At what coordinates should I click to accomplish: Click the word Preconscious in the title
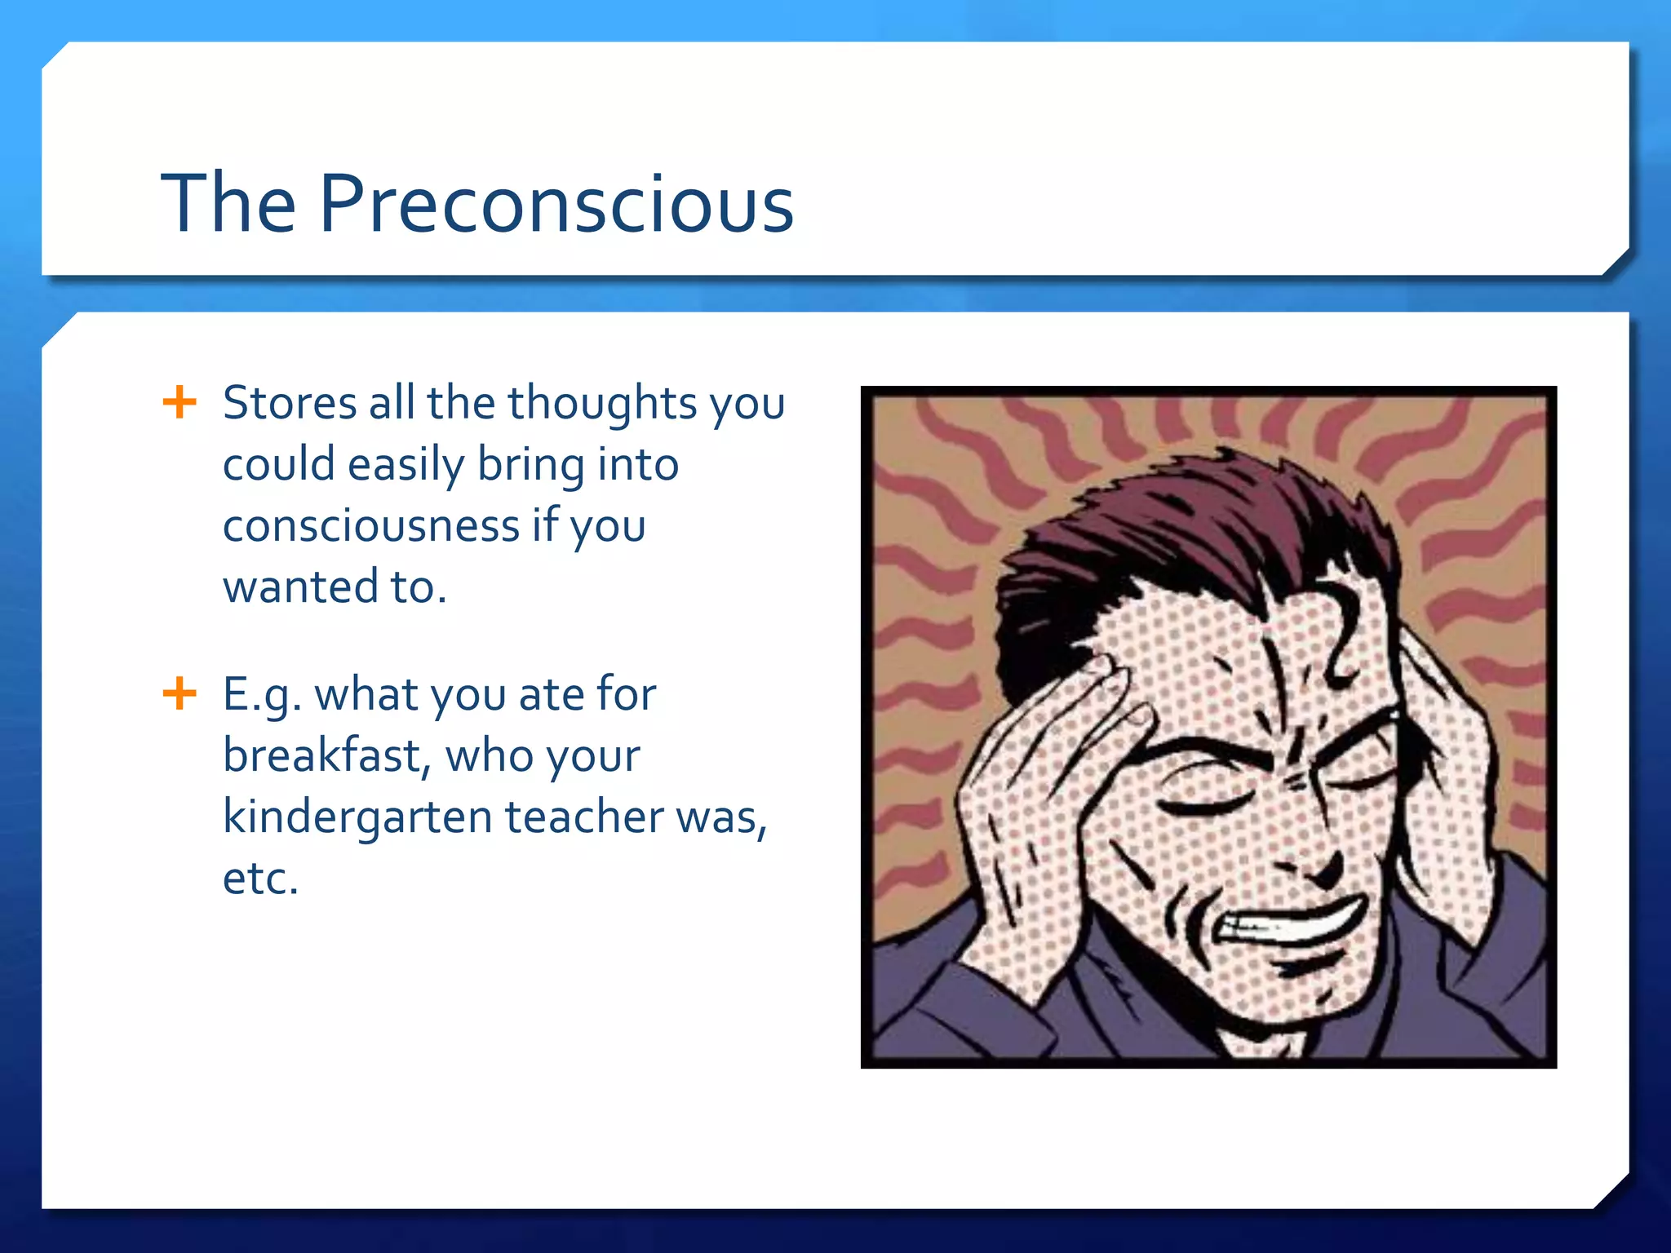point(556,204)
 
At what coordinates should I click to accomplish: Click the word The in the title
point(228,204)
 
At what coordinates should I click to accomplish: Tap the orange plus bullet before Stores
point(180,402)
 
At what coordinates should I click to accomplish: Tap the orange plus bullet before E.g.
point(180,694)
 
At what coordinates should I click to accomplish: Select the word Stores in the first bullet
point(290,403)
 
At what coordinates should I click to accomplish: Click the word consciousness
point(371,525)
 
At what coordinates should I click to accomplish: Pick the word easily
point(406,465)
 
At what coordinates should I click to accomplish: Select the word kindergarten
point(357,817)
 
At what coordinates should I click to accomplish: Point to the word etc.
point(259,879)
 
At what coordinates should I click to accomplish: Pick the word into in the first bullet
point(638,465)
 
